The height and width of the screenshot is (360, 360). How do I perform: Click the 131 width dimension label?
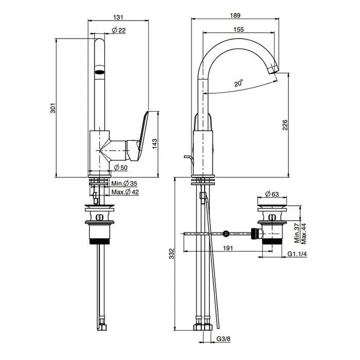click(x=118, y=17)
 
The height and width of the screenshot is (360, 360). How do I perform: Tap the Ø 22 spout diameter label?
click(x=119, y=30)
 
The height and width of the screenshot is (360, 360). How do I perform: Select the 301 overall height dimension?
click(x=53, y=108)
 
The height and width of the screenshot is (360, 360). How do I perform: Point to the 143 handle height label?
click(x=155, y=143)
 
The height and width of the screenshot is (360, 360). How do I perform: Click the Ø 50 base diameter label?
click(x=120, y=168)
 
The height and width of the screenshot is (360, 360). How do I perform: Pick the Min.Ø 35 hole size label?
click(x=124, y=184)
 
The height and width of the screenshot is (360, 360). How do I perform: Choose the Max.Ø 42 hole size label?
click(x=125, y=192)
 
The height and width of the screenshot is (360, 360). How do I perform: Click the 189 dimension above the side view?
click(x=236, y=15)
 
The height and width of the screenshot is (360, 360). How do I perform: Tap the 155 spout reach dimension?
click(x=239, y=29)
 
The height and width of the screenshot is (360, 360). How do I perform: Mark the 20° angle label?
click(x=239, y=83)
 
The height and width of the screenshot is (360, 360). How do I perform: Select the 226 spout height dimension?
click(x=285, y=124)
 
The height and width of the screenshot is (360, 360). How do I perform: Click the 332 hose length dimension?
click(x=172, y=254)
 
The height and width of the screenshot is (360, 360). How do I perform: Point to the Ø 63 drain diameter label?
click(x=272, y=194)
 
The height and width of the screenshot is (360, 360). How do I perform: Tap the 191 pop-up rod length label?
click(x=228, y=248)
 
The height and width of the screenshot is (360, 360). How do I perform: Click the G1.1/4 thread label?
click(x=297, y=254)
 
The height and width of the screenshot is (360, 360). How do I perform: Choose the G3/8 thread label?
click(x=223, y=338)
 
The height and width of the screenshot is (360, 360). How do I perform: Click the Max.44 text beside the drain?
click(x=303, y=233)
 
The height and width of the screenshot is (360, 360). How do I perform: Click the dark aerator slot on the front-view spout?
click(x=100, y=72)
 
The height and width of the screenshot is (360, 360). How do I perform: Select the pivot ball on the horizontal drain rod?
click(x=226, y=233)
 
